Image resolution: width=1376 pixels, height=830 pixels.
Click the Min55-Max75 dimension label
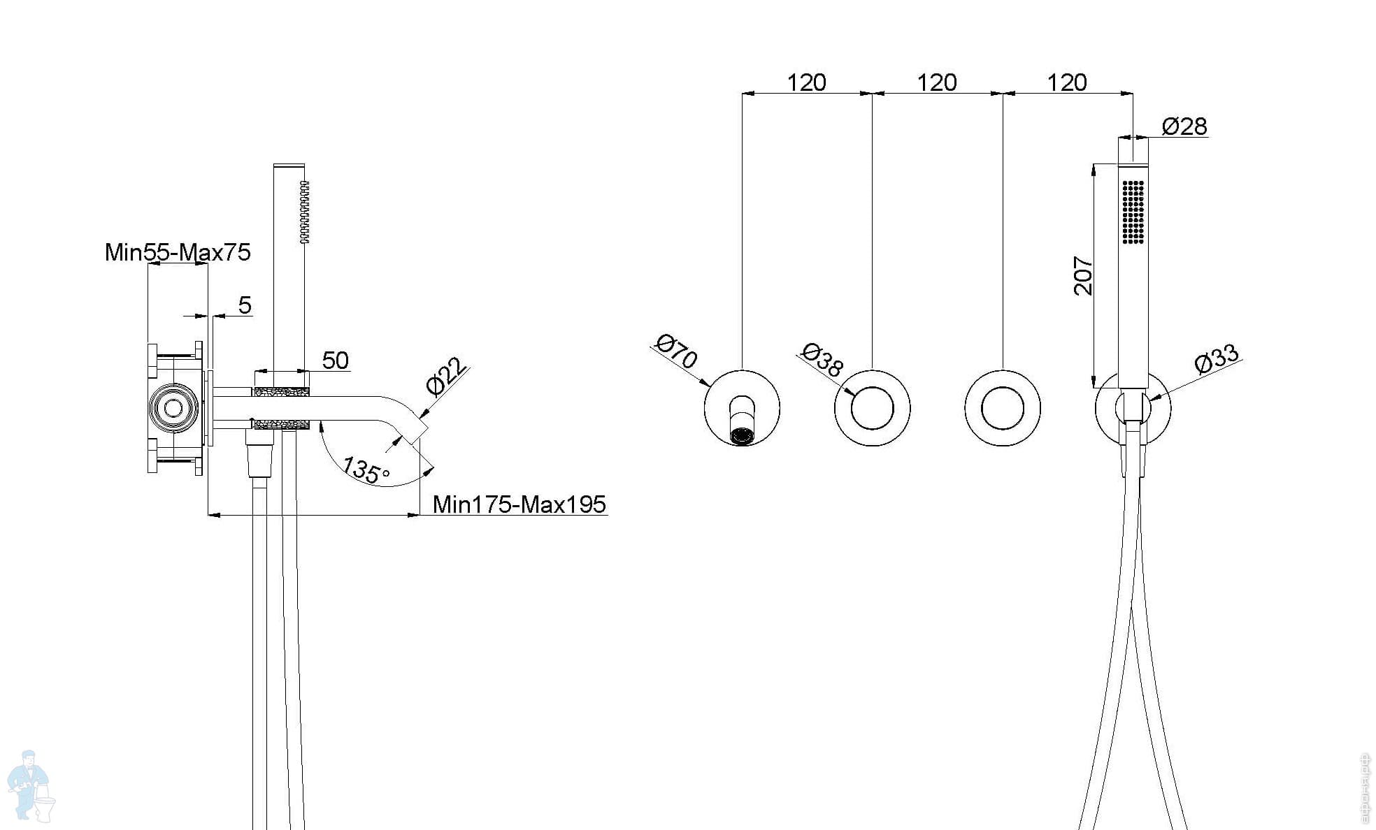(178, 252)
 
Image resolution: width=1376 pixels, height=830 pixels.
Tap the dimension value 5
(244, 305)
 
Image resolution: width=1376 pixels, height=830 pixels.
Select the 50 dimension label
(335, 361)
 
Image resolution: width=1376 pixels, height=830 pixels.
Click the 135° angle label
(365, 470)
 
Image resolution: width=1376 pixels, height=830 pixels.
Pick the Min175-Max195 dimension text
(519, 504)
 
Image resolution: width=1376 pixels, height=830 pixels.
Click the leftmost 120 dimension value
(806, 83)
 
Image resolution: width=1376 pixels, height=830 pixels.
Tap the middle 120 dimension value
(936, 83)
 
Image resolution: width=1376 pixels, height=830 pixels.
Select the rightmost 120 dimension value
(1066, 83)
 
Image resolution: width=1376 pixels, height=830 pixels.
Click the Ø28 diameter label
(1184, 126)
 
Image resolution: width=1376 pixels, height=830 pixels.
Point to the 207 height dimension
(1083, 276)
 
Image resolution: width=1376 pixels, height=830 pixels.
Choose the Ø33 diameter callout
(1217, 358)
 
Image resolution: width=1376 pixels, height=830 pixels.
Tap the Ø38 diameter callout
(823, 360)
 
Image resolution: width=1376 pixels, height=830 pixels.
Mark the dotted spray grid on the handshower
(1133, 212)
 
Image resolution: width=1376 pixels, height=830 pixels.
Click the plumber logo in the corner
(30, 786)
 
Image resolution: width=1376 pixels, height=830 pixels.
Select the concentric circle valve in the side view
(173, 408)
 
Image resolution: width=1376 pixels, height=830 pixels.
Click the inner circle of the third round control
(1003, 408)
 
